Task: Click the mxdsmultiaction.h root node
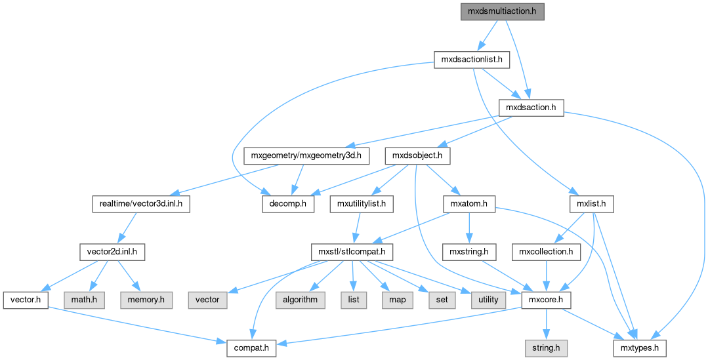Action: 502,12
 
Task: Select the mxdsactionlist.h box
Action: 472,60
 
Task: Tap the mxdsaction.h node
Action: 531,108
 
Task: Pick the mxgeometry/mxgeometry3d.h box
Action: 306,156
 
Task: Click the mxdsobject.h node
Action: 421,156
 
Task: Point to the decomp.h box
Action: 287,204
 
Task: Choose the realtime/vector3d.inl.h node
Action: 140,204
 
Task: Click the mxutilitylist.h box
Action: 361,204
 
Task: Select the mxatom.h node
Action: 469,204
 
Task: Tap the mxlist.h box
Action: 592,204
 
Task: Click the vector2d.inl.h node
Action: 112,252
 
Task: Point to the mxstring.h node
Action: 469,252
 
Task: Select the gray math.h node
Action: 85,300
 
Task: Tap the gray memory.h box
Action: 146,300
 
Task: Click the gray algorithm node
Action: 301,300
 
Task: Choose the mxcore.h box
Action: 546,300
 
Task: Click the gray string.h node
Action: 546,348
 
